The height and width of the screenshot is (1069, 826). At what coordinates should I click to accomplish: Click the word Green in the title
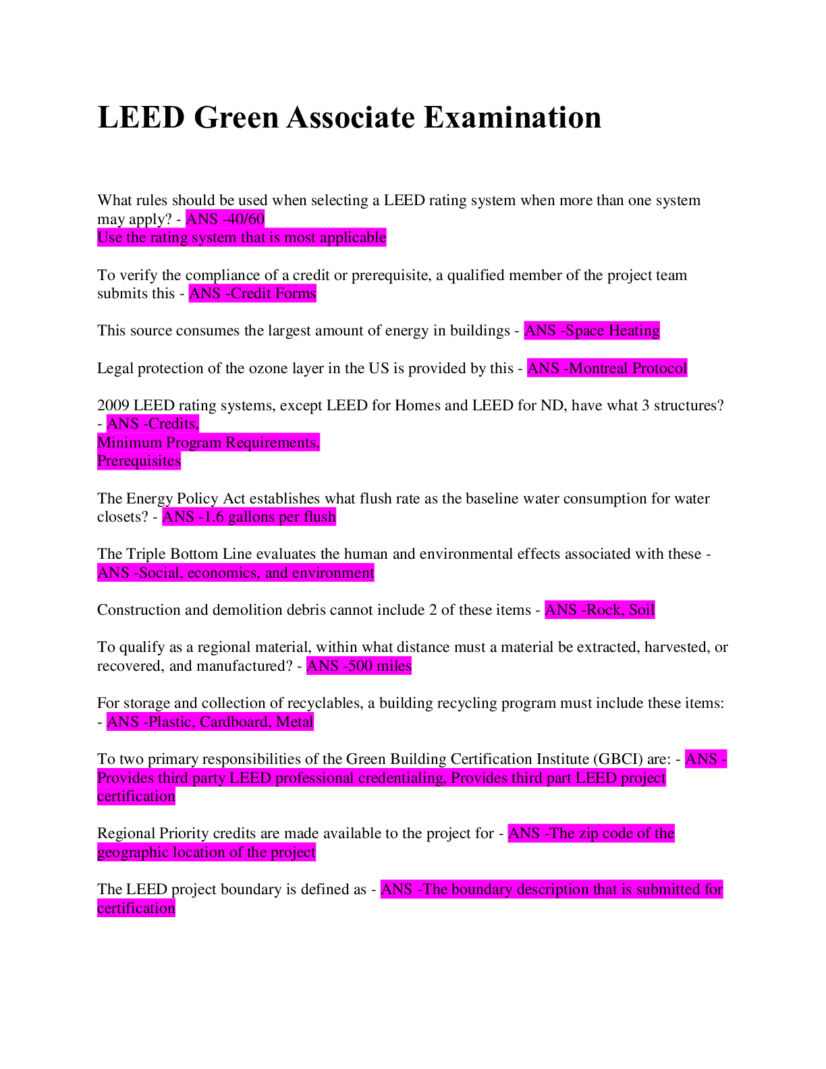[236, 117]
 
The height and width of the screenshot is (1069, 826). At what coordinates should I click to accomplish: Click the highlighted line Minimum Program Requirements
[209, 443]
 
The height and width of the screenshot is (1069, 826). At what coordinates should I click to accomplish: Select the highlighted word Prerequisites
[139, 461]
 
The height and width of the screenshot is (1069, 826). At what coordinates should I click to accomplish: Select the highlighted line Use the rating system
[242, 238]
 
